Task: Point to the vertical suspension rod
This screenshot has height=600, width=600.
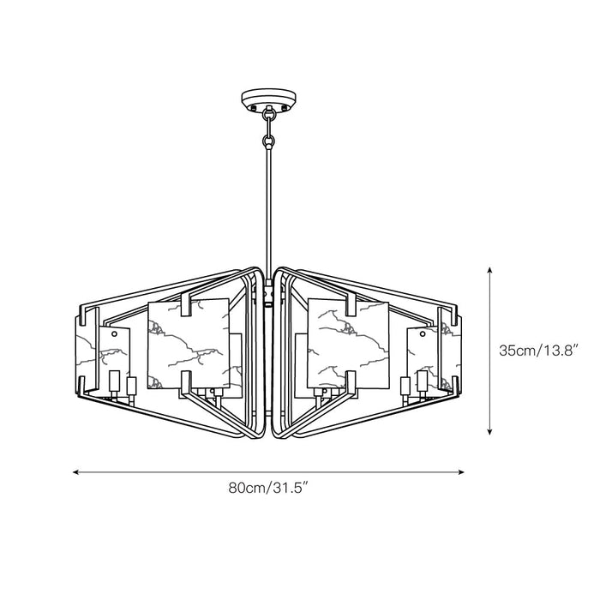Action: pyautogui.click(x=269, y=206)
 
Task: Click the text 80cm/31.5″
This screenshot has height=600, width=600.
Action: pyautogui.click(x=269, y=490)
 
